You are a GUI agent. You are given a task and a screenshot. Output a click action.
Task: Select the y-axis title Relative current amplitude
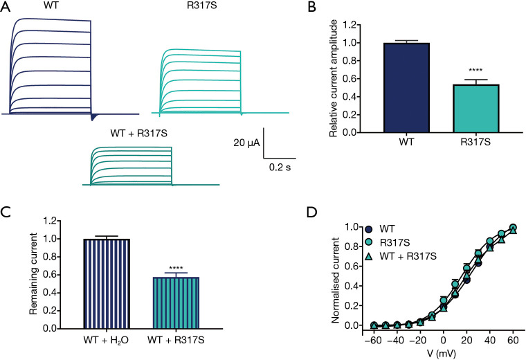pos(334,78)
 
